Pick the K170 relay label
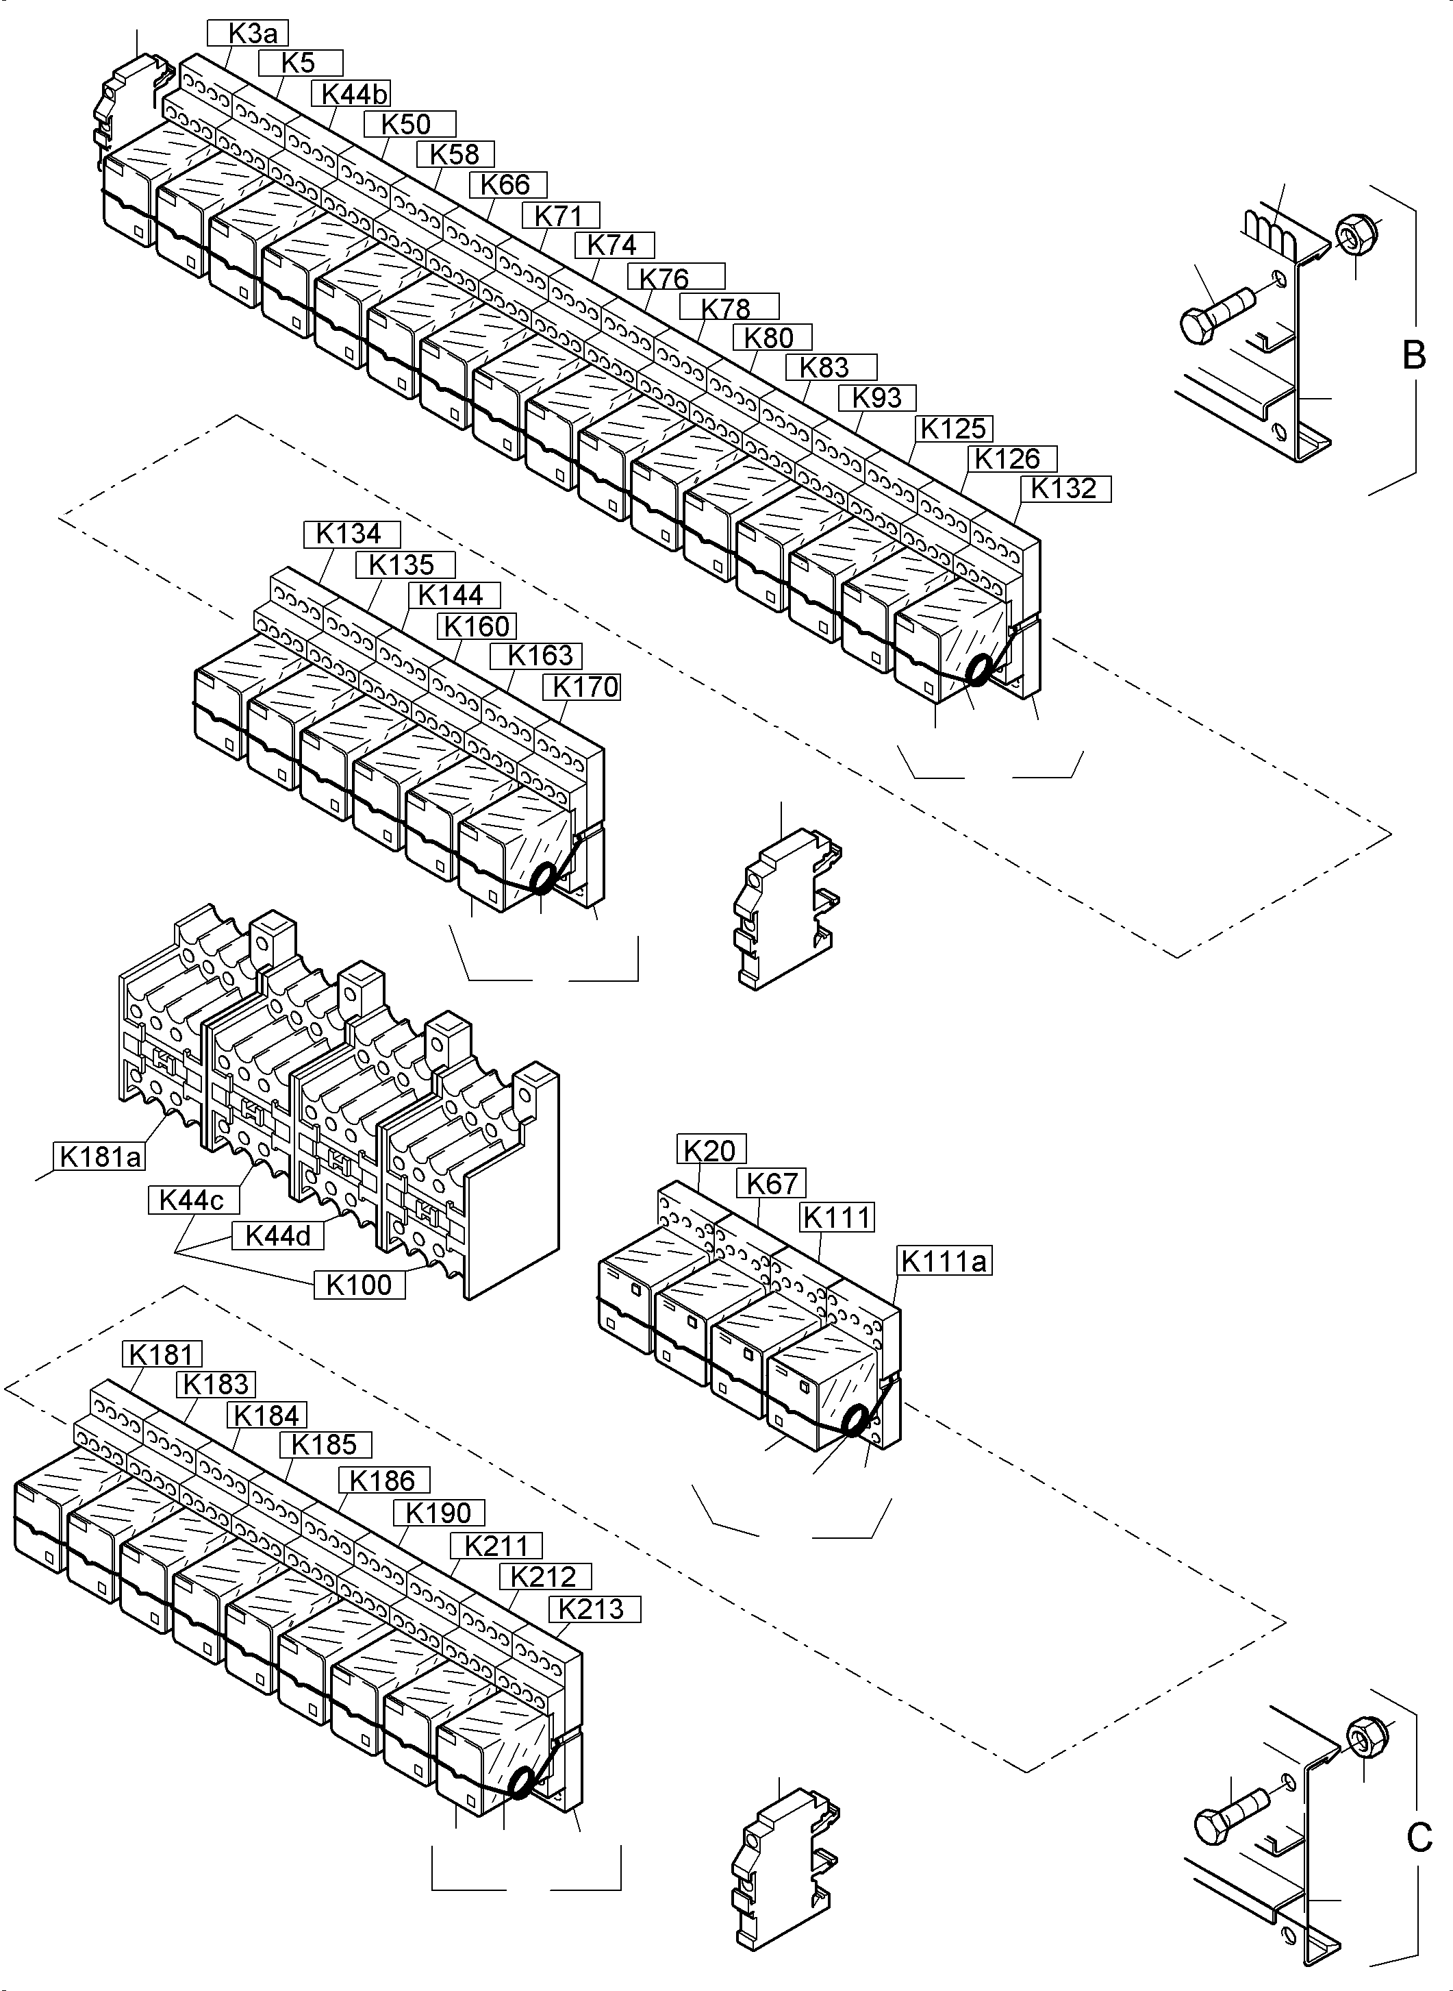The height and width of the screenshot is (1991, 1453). [x=581, y=687]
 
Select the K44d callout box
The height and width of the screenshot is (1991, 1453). [x=278, y=1235]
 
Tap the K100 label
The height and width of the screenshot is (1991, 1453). [x=359, y=1285]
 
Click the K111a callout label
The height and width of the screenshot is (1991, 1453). [x=944, y=1261]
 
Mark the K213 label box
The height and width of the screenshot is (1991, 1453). [x=594, y=1609]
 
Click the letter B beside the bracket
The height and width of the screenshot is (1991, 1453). [x=1413, y=356]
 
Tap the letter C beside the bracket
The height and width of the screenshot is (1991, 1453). [x=1419, y=1839]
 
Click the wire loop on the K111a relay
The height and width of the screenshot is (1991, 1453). [x=853, y=1420]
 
